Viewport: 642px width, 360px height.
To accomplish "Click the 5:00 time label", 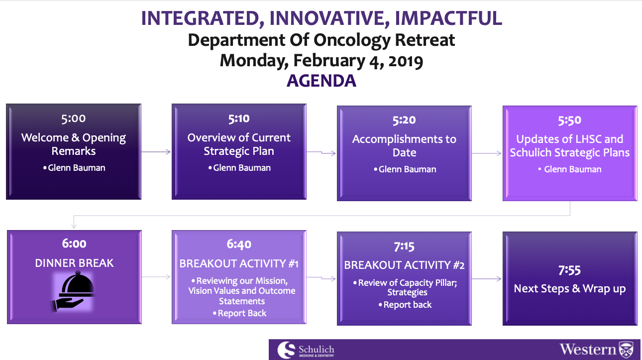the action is tap(73, 119).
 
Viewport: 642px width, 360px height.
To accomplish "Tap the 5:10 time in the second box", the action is tap(239, 119).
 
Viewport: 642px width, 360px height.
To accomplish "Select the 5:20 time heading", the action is tap(404, 120).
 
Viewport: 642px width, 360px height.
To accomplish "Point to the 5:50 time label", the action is tap(569, 120).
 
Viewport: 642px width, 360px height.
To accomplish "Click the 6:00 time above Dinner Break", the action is tap(74, 243).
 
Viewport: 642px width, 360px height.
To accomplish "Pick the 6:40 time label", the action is tap(239, 244).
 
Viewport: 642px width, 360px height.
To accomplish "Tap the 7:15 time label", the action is tap(404, 246).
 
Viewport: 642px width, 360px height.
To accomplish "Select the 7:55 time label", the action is tap(569, 270).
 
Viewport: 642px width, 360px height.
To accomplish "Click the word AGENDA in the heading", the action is tap(321, 81).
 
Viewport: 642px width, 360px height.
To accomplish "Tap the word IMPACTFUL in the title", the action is tap(448, 18).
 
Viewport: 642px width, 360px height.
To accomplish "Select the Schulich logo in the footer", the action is tap(306, 350).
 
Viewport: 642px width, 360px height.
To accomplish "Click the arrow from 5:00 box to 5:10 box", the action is tap(156, 152).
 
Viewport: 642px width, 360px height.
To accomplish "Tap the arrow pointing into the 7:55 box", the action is tap(487, 278).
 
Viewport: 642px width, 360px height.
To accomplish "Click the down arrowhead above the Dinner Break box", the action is tap(74, 226).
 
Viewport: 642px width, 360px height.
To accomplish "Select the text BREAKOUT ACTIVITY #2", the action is tap(404, 265).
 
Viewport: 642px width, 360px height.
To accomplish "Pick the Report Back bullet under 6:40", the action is tap(239, 313).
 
